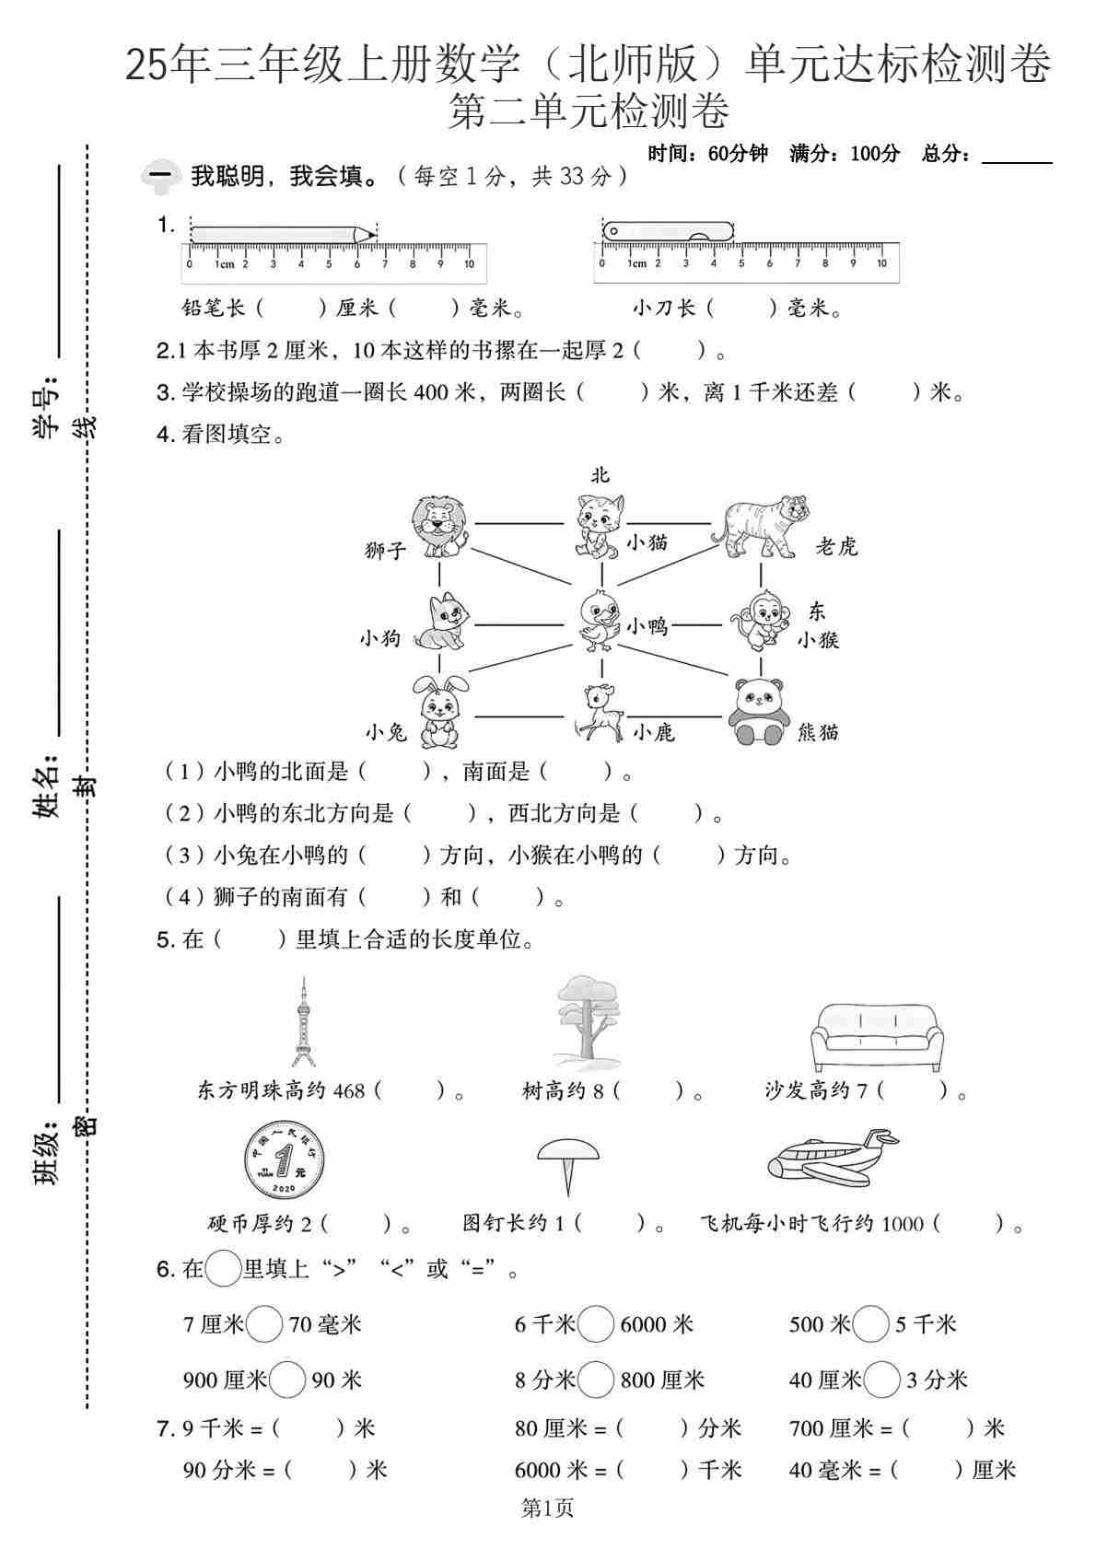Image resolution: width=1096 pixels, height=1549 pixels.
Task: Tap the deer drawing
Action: click(598, 712)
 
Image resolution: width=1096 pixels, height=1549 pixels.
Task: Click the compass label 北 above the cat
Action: click(600, 475)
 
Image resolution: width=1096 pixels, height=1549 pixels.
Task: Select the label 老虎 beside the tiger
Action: click(835, 547)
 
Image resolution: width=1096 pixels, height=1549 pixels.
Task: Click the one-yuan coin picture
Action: click(284, 1159)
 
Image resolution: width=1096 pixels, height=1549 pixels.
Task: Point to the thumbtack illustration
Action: click(567, 1164)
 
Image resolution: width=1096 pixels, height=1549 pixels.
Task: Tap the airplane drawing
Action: click(832, 1157)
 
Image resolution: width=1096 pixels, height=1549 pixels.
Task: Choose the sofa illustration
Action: click(876, 1036)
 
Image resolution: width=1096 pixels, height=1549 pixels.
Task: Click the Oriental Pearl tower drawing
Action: click(302, 1022)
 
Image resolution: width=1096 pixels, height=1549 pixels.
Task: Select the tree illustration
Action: click(586, 1020)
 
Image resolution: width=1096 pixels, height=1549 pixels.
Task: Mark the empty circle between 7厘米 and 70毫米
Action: click(265, 1325)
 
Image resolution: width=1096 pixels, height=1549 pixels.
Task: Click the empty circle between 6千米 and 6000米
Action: click(596, 1325)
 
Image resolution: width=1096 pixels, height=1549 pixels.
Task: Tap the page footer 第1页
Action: click(547, 1508)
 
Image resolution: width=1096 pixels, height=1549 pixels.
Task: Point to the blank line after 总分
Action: click(1017, 157)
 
